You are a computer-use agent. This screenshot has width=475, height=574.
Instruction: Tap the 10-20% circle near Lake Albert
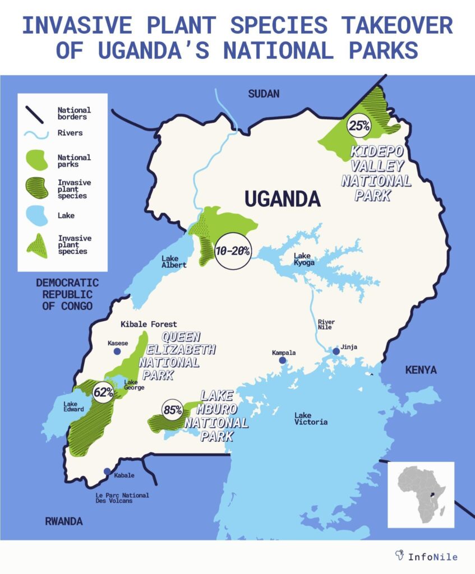(232, 251)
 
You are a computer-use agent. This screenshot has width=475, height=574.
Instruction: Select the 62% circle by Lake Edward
(103, 392)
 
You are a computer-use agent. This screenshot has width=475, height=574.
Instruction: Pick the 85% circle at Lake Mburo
(173, 410)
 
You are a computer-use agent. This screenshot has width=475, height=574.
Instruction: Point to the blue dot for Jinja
(336, 351)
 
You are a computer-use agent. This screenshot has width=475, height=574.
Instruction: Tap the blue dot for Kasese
(117, 351)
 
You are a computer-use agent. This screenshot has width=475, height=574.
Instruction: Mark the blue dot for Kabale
(107, 472)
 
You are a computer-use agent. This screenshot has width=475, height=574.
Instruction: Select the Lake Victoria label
(311, 418)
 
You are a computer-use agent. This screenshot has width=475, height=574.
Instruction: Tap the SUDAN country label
(264, 94)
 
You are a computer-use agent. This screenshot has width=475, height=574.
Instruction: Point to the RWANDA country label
(63, 521)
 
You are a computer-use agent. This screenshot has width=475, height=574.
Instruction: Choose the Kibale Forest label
(149, 324)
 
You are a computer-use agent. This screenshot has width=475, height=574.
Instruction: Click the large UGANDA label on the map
(282, 198)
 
